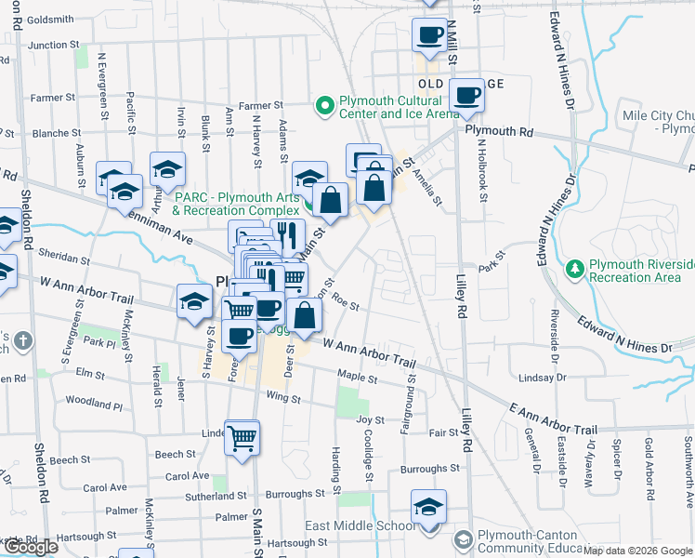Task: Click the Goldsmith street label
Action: (x=50, y=19)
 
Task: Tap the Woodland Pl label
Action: (x=94, y=403)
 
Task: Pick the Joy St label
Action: (x=371, y=419)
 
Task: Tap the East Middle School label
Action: (x=360, y=525)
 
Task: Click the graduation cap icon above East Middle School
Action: (x=429, y=507)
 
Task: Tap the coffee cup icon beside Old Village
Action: (x=467, y=94)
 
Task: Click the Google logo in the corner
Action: (x=31, y=547)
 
